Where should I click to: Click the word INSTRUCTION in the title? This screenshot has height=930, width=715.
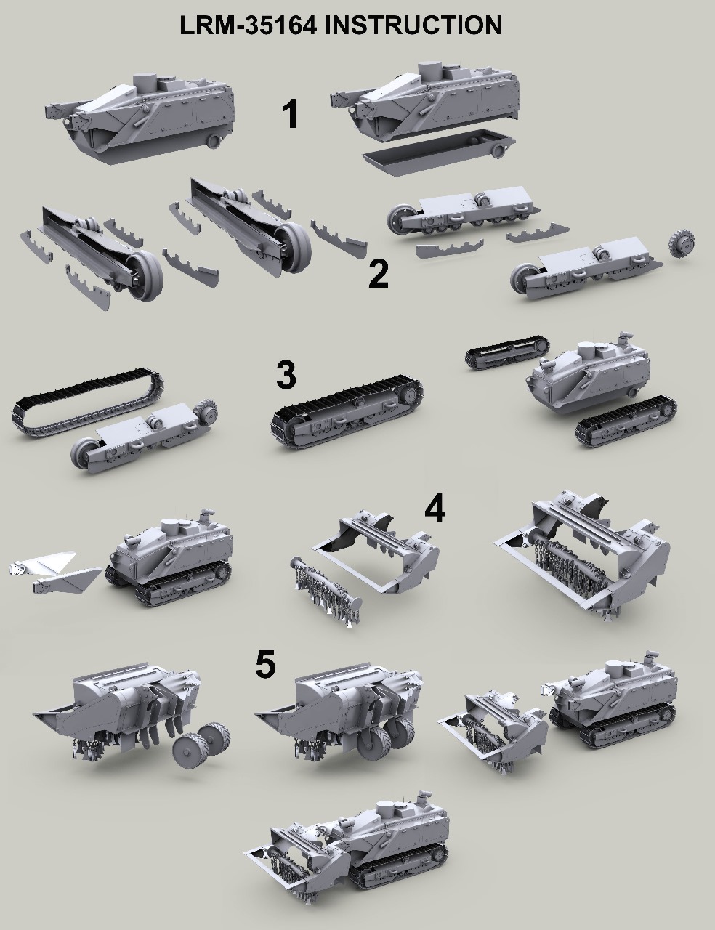[413, 25]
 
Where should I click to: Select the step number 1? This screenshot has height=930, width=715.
[291, 114]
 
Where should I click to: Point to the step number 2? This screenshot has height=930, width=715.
[379, 274]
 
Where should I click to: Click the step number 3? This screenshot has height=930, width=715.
[286, 375]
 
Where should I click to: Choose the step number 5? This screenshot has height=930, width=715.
[265, 665]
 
